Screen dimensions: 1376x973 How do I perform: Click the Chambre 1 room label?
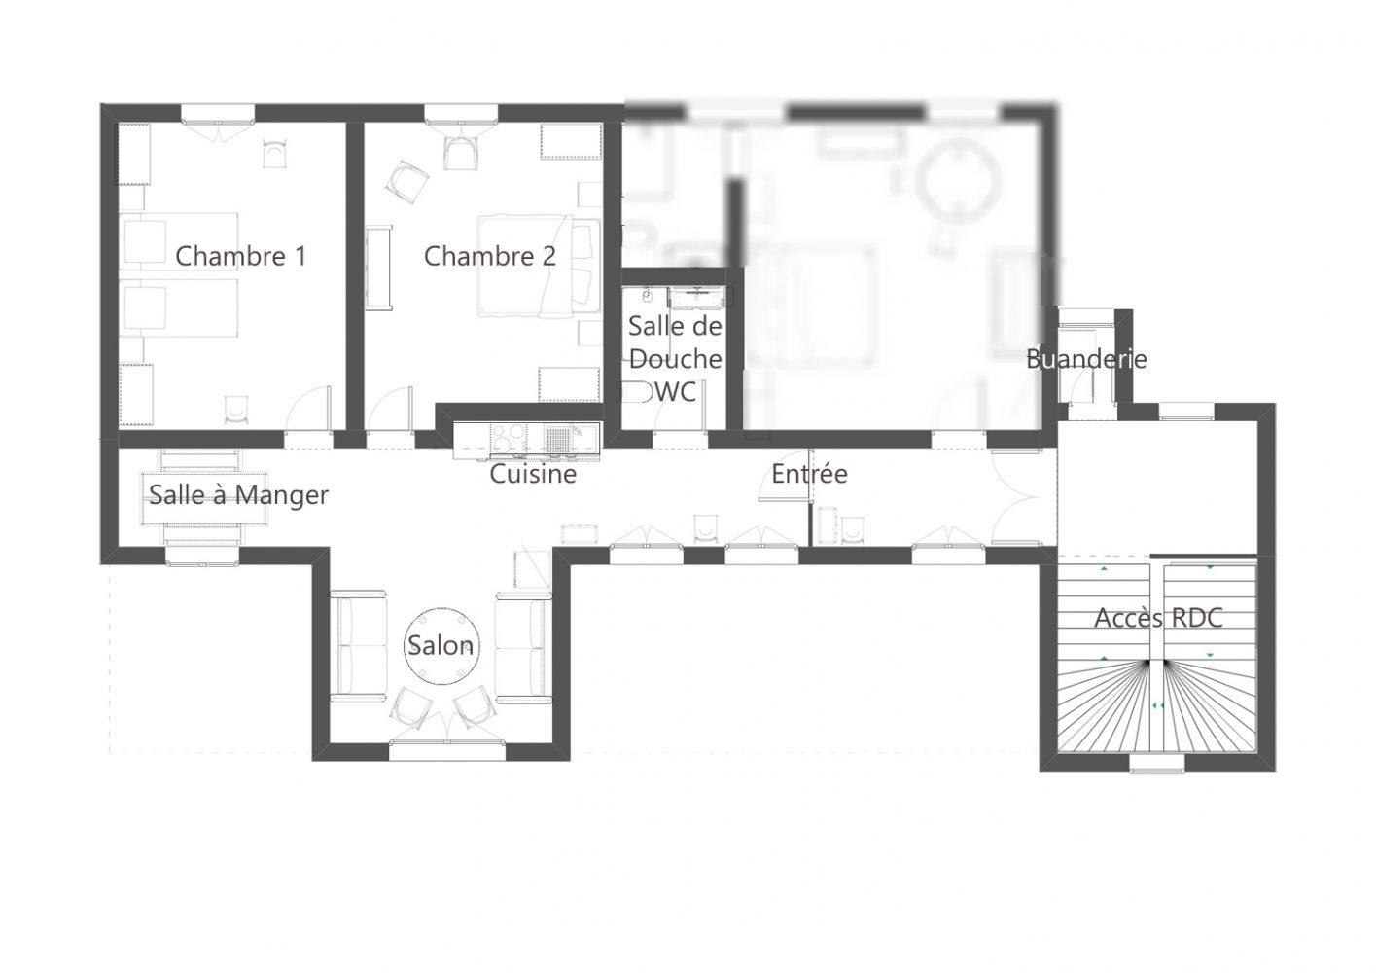point(241,256)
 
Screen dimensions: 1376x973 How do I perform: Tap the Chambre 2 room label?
point(489,256)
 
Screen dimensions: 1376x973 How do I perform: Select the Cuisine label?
point(533,474)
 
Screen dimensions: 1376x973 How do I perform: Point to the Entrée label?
point(810,473)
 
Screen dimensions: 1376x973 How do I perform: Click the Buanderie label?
point(1086,359)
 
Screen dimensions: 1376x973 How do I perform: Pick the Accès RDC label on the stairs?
point(1158,618)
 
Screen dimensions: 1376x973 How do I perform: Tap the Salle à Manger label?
point(239,495)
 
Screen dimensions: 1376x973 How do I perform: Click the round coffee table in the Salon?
point(441,646)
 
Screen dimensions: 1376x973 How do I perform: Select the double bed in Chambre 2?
point(540,266)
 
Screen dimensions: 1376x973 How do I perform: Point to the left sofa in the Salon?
point(359,646)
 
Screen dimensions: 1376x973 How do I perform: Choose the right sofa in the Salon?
point(523,646)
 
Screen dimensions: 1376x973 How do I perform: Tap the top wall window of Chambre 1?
point(218,114)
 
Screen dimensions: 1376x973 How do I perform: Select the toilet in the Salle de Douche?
point(636,392)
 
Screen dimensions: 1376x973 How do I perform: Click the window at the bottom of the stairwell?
point(1157,763)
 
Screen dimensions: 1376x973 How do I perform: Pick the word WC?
point(676,391)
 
